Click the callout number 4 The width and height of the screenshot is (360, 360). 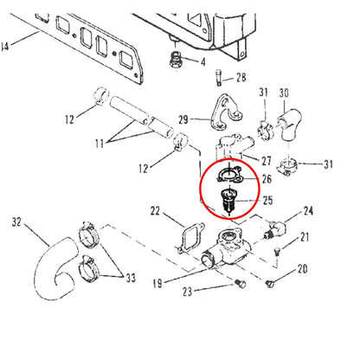[x=203, y=61]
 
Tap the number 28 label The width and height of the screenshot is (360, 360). [x=241, y=77]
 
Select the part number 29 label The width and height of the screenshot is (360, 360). [x=183, y=119]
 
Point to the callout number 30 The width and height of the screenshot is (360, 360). [x=284, y=93]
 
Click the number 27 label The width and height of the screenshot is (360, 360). [x=267, y=161]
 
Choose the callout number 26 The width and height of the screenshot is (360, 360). [x=267, y=179]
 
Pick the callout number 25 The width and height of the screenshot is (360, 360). [x=267, y=200]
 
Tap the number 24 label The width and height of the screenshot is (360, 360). [x=308, y=211]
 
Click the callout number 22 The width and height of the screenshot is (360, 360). [x=155, y=211]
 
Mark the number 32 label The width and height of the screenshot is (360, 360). [x=16, y=222]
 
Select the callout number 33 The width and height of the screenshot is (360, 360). [x=131, y=278]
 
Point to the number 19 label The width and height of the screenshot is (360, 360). [x=157, y=284]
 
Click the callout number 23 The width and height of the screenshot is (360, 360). [x=188, y=292]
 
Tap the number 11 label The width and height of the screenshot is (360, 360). [x=100, y=143]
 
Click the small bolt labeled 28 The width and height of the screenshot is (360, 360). [x=218, y=77]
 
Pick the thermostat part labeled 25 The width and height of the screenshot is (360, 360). [x=228, y=200]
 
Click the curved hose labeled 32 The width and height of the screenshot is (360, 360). [x=55, y=268]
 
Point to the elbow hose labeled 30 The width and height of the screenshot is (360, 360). [x=289, y=124]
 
